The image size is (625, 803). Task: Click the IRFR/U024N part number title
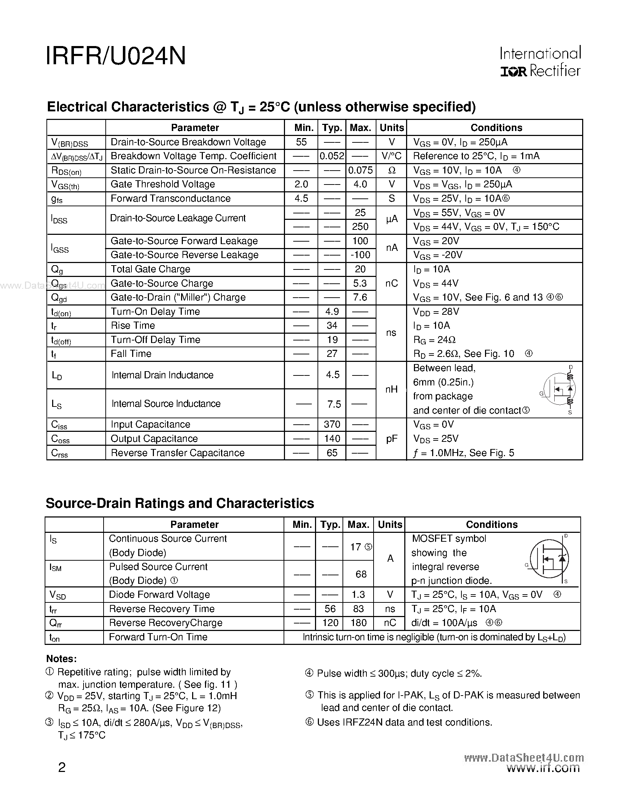click(115, 56)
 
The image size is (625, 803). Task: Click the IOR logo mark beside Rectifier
click(514, 72)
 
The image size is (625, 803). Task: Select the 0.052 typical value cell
click(331, 156)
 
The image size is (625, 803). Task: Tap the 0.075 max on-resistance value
click(360, 170)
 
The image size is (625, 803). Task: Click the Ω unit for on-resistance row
click(391, 171)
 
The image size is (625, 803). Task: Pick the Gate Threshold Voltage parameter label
click(162, 184)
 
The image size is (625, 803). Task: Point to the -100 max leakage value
click(360, 255)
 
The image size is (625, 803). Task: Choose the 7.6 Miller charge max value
click(360, 297)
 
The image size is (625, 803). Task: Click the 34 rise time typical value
click(332, 325)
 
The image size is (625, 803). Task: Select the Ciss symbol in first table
click(59, 425)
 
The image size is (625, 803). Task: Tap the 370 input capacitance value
click(332, 424)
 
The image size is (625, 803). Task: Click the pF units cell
click(391, 439)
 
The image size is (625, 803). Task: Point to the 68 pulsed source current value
click(361, 574)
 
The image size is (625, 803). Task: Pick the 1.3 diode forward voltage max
click(358, 595)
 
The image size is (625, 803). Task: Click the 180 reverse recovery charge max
click(358, 623)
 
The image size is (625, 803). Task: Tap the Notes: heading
click(61, 658)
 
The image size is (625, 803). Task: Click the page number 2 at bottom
click(62, 767)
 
